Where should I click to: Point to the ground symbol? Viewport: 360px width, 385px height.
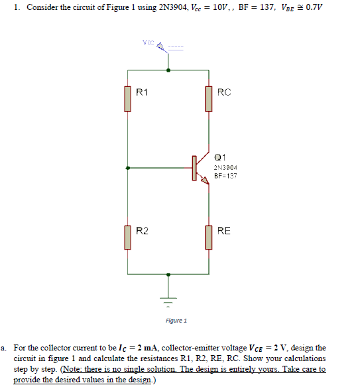point(168,300)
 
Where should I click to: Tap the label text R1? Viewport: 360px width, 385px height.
point(142,92)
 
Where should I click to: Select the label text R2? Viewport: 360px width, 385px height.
point(142,231)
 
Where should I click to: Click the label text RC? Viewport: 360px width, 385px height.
point(224,92)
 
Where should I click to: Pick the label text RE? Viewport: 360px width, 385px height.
point(224,231)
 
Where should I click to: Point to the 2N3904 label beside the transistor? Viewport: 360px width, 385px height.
point(225,168)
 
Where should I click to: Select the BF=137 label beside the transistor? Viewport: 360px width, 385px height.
point(225,177)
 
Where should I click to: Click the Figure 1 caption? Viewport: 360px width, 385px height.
point(176,321)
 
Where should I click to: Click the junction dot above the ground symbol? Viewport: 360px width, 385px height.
point(168,273)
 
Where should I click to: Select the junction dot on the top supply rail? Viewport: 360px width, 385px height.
point(168,68)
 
